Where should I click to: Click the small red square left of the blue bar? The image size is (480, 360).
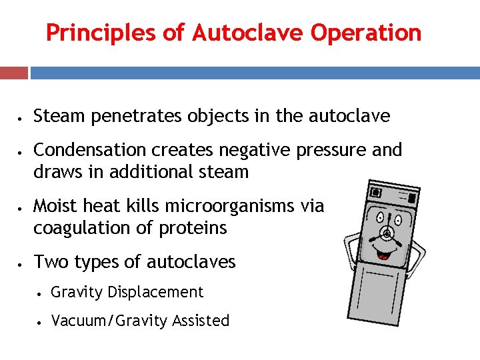click(x=14, y=72)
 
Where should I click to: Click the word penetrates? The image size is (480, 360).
click(x=135, y=117)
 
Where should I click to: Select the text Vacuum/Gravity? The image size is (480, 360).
click(x=109, y=321)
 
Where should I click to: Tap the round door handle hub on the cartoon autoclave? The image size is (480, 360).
click(x=387, y=233)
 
